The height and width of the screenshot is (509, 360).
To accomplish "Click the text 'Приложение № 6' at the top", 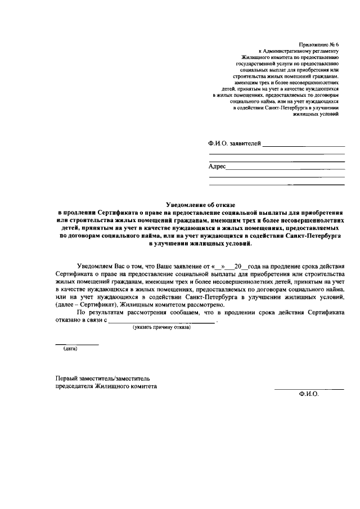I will (319, 44).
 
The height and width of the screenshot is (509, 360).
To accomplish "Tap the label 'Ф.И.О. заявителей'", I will (233, 144).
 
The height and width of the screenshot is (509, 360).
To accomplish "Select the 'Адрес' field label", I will (217, 166).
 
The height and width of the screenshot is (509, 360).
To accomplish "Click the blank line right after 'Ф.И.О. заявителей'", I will (304, 146).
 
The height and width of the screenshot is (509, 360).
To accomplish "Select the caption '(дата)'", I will (70, 349).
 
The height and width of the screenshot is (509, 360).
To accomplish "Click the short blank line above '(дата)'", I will (76, 344).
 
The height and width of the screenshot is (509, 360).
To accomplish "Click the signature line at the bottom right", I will (309, 389).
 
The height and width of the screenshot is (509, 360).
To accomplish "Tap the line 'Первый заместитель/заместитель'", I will (102, 379).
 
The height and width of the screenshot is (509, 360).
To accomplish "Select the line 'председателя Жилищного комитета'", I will (106, 387).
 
